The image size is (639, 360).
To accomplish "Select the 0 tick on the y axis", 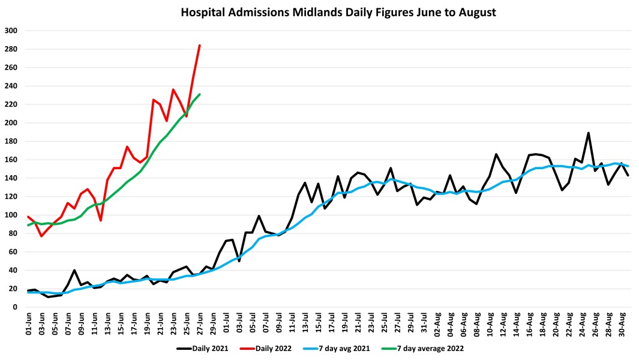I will [x=15, y=307].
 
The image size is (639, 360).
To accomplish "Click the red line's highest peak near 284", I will [x=200, y=45].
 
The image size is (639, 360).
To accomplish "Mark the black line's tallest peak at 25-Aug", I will [x=589, y=133].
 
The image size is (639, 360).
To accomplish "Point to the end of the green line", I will [x=200, y=94].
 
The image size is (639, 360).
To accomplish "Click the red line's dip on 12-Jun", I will [x=101, y=220].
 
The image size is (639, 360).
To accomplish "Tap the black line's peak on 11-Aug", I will [x=497, y=154].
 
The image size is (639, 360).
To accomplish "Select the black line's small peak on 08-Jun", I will [x=74, y=270].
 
